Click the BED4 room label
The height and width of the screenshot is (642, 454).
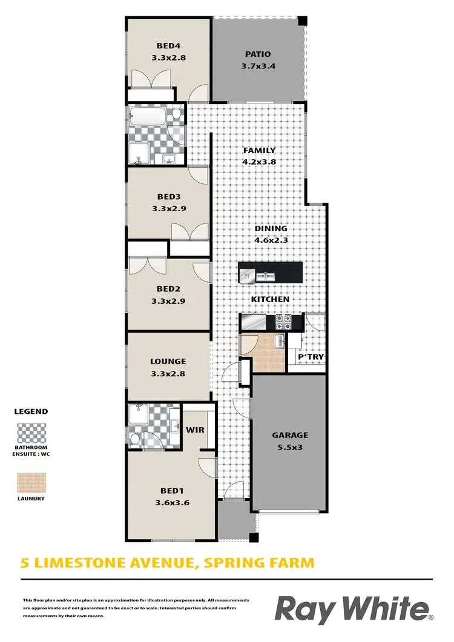point(167,45)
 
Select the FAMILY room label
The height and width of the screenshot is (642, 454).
point(259,150)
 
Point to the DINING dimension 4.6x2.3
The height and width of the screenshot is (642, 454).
point(271,240)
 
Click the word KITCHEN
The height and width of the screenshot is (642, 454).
point(271,300)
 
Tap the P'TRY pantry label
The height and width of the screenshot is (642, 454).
point(311,358)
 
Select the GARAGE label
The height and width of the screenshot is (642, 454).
point(290,434)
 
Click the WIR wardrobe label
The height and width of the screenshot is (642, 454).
point(195,430)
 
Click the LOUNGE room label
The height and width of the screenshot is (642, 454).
point(168,362)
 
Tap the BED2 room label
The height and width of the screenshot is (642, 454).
point(167,289)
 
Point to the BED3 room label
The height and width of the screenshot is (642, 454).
point(167,197)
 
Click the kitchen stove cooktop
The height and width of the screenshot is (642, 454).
point(285,321)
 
